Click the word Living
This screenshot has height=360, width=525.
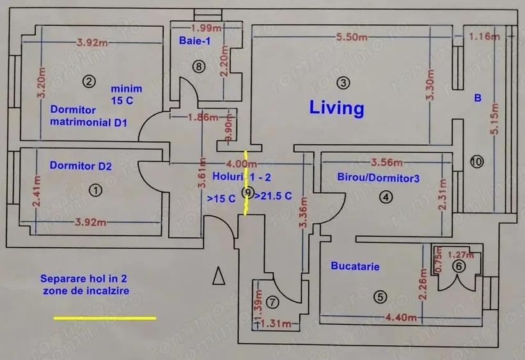[x=336, y=107]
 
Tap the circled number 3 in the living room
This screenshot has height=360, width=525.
[x=344, y=82]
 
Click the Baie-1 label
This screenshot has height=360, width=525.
[x=195, y=41]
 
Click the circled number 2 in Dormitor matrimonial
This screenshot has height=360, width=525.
[x=89, y=81]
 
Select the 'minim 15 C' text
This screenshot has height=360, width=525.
[x=126, y=95]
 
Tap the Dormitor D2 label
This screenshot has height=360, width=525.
[x=81, y=166]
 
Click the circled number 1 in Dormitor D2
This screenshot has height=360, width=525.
[x=95, y=189]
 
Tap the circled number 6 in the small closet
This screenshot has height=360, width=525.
[x=457, y=267]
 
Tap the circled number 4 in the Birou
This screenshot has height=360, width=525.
[x=385, y=197]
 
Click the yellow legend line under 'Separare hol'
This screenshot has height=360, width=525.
[x=104, y=317]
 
